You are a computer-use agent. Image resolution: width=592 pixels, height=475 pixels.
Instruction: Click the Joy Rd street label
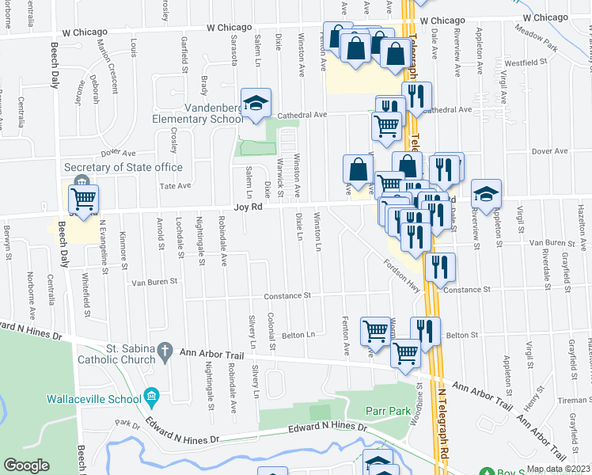(246, 207)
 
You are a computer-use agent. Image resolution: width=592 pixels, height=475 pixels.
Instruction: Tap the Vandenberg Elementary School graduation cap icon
(256, 104)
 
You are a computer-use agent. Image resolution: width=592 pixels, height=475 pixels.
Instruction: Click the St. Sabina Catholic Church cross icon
(165, 349)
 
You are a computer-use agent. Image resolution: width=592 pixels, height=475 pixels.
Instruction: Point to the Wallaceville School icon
(151, 397)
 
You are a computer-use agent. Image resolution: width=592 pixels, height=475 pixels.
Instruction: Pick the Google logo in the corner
(26, 466)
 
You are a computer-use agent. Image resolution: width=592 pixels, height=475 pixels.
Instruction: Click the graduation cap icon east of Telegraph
(486, 192)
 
